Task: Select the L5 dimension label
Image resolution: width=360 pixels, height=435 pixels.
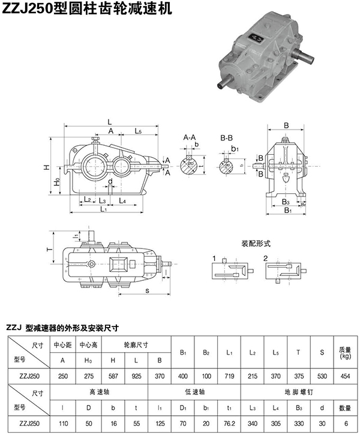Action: click(x=138, y=130)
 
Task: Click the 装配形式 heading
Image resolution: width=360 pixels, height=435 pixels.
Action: click(x=256, y=244)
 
